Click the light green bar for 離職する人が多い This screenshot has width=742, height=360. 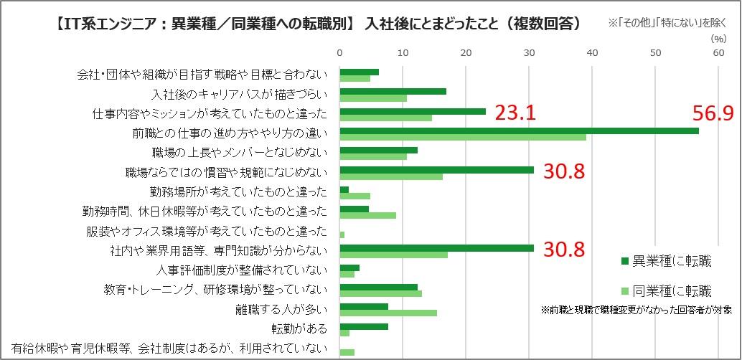tap(388, 313)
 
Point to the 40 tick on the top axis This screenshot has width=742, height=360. tap(593, 52)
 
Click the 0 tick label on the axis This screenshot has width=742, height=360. tap(340, 52)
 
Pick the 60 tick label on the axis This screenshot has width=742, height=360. tap(718, 52)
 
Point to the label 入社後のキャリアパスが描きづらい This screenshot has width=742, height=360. tap(240, 95)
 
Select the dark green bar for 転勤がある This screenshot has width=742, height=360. tap(364, 326)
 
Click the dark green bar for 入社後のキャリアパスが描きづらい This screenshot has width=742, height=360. tap(393, 91)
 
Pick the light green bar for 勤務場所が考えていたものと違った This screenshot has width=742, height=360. tap(355, 196)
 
